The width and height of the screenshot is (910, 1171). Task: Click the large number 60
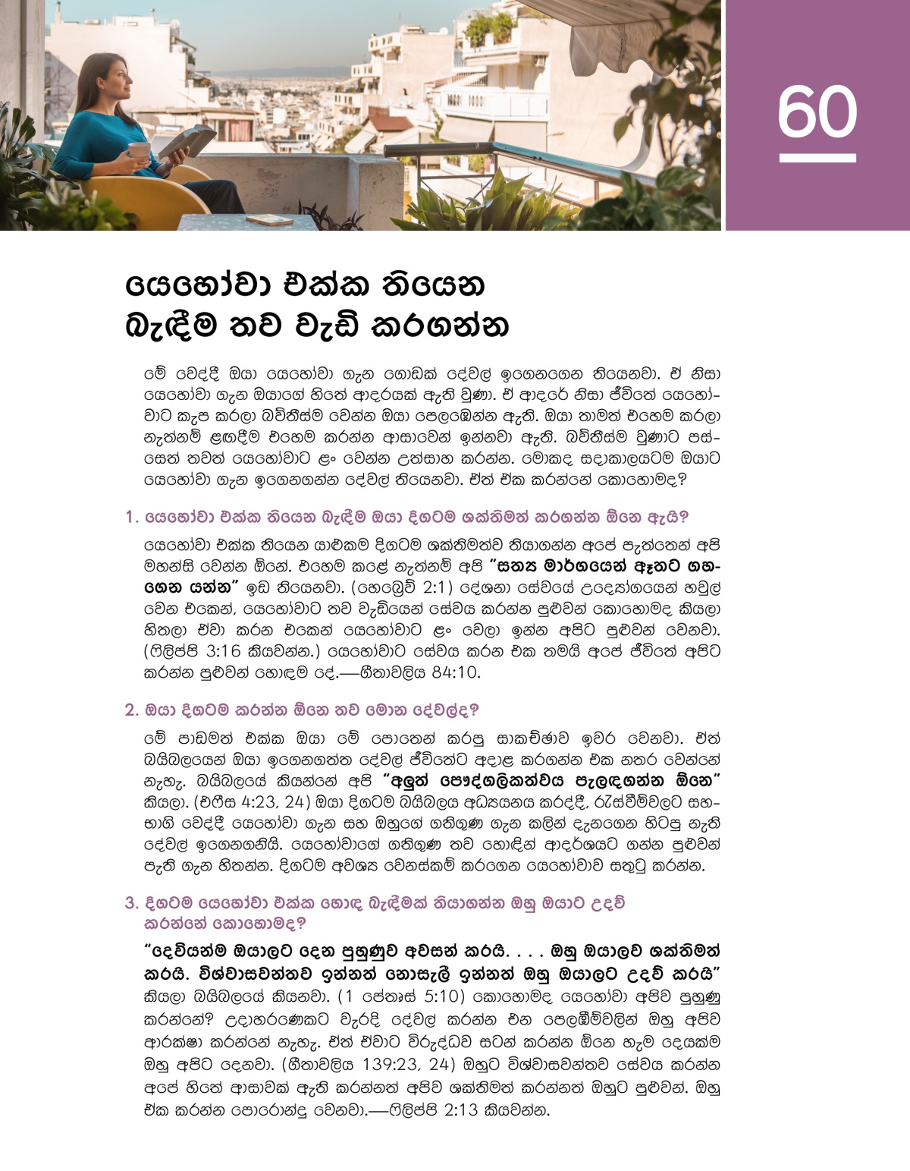(x=817, y=112)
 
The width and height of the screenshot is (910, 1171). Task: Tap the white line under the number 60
(x=817, y=158)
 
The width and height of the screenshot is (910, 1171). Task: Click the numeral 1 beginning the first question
(x=130, y=518)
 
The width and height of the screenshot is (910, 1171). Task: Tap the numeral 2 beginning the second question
(x=130, y=710)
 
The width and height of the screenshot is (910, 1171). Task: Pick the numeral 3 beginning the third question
(x=130, y=903)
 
